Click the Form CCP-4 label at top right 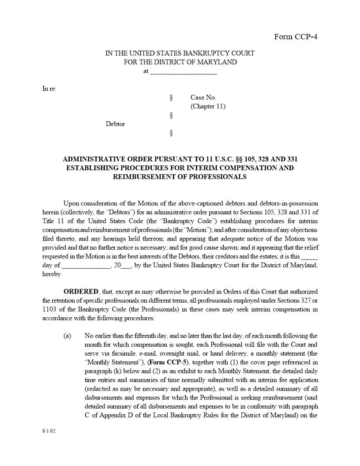296,37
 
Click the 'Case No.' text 203,98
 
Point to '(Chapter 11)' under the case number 208,106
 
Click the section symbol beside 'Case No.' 171,98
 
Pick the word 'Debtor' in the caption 115,124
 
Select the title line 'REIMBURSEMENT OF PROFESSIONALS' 180,177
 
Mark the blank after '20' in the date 126,266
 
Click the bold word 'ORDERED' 81,292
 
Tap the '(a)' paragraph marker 67,336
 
